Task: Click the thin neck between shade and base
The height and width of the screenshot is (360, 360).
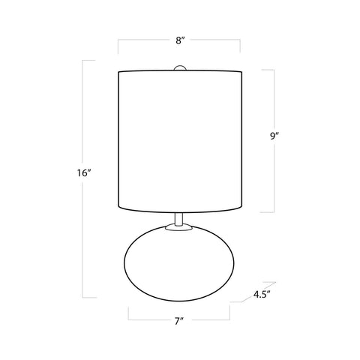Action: (179, 218)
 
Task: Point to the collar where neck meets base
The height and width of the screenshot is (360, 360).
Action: (179, 227)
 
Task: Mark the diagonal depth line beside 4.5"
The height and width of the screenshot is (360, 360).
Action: (239, 300)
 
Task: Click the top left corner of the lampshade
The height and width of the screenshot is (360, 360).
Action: (119, 72)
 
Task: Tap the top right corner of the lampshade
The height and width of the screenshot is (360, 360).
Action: (240, 72)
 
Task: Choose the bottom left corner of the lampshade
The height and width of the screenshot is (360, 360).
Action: (119, 208)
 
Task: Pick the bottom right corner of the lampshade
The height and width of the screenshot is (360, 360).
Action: (240, 208)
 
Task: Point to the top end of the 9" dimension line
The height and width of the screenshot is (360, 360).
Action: (274, 70)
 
